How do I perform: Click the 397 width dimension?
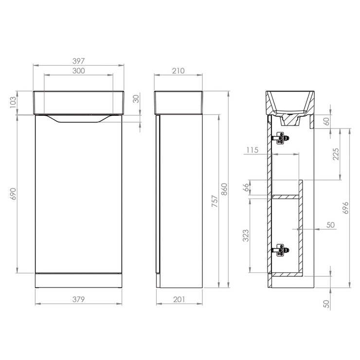tap(79, 61)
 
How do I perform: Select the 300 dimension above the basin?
tap(79, 71)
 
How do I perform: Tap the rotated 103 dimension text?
tap(13, 103)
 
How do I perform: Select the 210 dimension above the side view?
tap(178, 71)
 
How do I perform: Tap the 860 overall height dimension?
tap(224, 189)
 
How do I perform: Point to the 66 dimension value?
tap(246, 188)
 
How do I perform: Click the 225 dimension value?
tap(336, 154)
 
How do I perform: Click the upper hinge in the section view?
tap(280, 139)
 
